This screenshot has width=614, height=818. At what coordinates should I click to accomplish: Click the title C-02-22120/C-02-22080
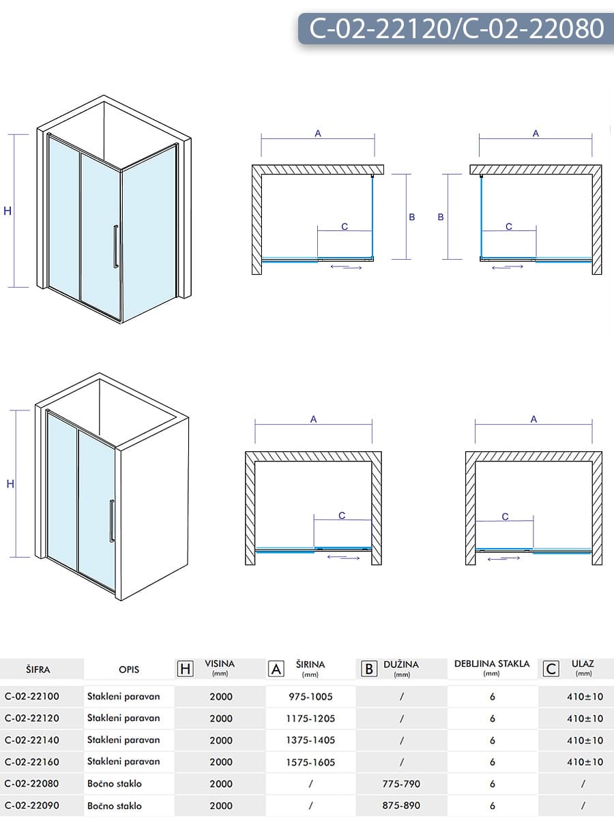point(456,29)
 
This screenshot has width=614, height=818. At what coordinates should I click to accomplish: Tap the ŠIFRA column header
point(38,669)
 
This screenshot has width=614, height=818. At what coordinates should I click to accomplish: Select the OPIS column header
point(129,669)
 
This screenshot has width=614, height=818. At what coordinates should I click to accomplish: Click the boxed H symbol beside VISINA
point(185,669)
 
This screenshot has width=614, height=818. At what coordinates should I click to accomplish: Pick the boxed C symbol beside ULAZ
point(551,669)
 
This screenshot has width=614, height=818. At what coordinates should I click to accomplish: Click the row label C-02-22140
point(32,740)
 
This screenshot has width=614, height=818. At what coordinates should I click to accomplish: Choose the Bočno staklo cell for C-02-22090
point(115,806)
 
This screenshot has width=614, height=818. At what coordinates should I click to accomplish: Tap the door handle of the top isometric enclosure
point(116,246)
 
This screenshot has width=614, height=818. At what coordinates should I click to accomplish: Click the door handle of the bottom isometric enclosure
point(112,521)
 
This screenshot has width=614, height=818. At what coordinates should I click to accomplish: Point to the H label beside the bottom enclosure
point(10,484)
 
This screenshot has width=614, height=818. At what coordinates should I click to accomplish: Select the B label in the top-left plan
point(412,217)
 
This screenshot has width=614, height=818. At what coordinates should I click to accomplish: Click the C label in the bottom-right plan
point(506,517)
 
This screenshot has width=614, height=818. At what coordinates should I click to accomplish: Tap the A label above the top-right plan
point(536,134)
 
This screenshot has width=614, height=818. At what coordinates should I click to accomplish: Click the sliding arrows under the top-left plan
point(346,267)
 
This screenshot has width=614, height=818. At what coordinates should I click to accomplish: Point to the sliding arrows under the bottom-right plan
point(506,559)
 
